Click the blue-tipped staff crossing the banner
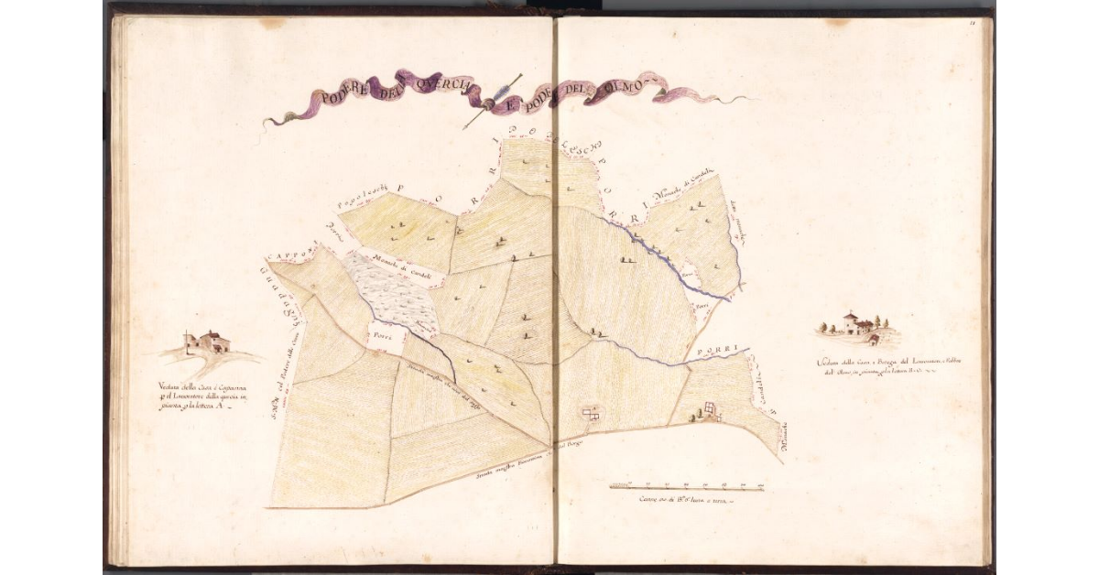(x=492, y=101)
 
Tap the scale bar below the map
(x=687, y=485)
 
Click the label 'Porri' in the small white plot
(x=381, y=336)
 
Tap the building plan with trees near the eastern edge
(x=711, y=413)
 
